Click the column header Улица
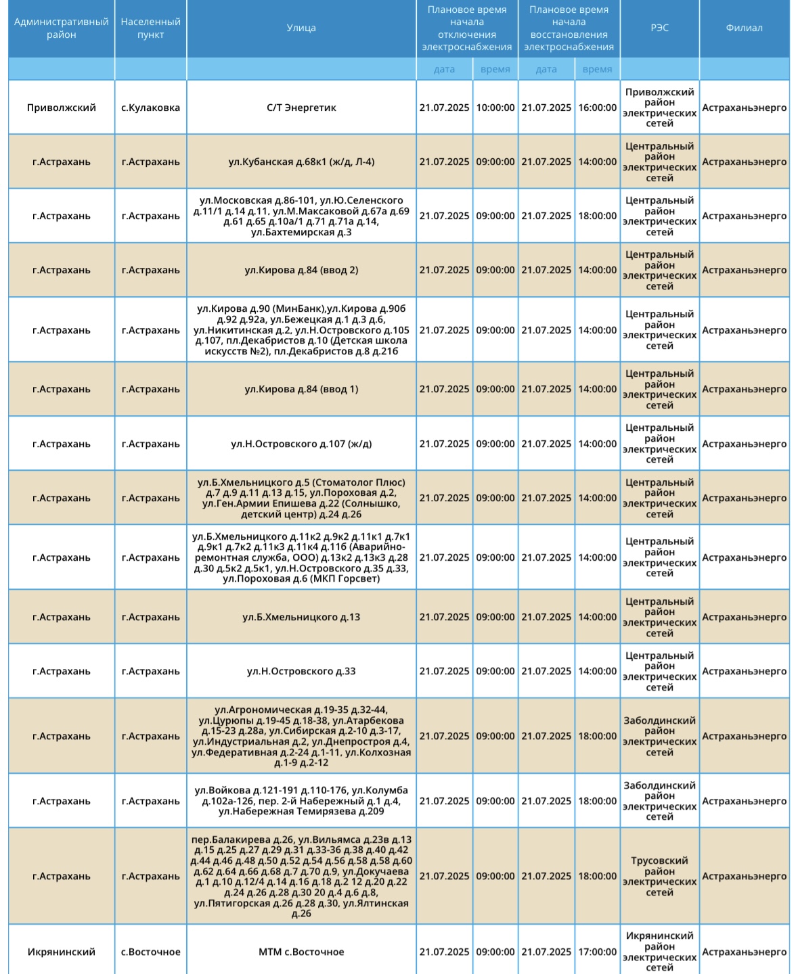pos(301,28)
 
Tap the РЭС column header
pos(659,28)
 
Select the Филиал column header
pos(744,28)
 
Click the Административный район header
pos(62,28)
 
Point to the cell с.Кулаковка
pos(150,108)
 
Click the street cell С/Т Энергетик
pos(301,108)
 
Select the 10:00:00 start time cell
pos(495,108)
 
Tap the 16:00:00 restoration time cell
pos(597,108)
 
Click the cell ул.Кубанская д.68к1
pos(301,162)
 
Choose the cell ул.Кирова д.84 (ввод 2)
pos(301,270)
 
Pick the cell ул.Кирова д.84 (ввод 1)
pos(301,389)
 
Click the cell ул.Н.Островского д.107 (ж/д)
pos(301,444)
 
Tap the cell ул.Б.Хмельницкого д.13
pos(301,617)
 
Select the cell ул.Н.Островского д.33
pos(301,671)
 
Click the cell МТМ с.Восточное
pos(301,952)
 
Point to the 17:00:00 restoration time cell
pos(597,952)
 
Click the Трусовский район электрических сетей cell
pos(659,876)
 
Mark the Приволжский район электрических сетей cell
pos(659,108)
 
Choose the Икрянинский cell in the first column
pos(62,952)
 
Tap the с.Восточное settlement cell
pos(150,952)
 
